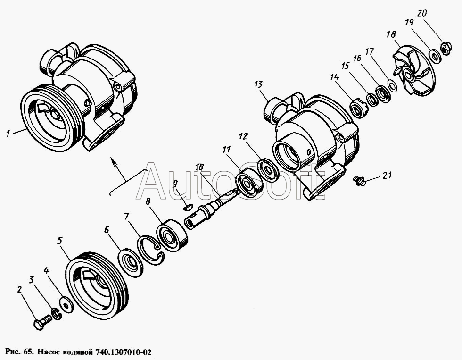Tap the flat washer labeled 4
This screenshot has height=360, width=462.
pos(67,304)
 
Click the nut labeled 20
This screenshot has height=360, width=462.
pos(444,48)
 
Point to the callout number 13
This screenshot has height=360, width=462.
pos(258,84)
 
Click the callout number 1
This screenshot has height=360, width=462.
pos(8,134)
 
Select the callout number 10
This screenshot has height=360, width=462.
pos(199,167)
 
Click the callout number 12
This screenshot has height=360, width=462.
pos(243,137)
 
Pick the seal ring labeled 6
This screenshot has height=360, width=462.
pos(130,262)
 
